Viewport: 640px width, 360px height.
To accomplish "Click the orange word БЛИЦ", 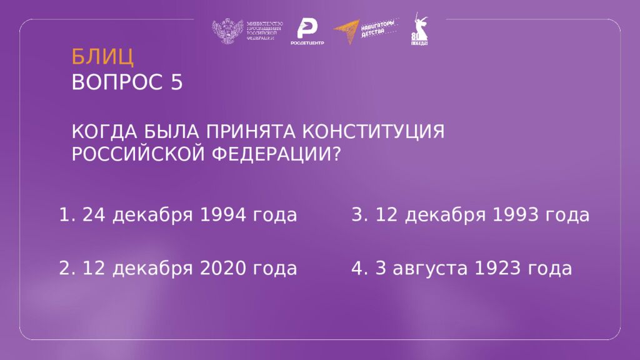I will click(102, 57).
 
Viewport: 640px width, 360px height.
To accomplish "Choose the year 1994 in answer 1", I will click(224, 215).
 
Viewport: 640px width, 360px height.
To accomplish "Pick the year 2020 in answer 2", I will click(224, 269).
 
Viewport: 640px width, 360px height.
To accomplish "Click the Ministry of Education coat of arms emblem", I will click(227, 31).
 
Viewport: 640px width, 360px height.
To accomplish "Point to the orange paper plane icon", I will click(347, 31).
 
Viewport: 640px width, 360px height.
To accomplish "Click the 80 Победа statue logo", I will click(419, 30).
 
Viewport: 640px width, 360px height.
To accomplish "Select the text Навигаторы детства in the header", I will click(379, 28).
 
